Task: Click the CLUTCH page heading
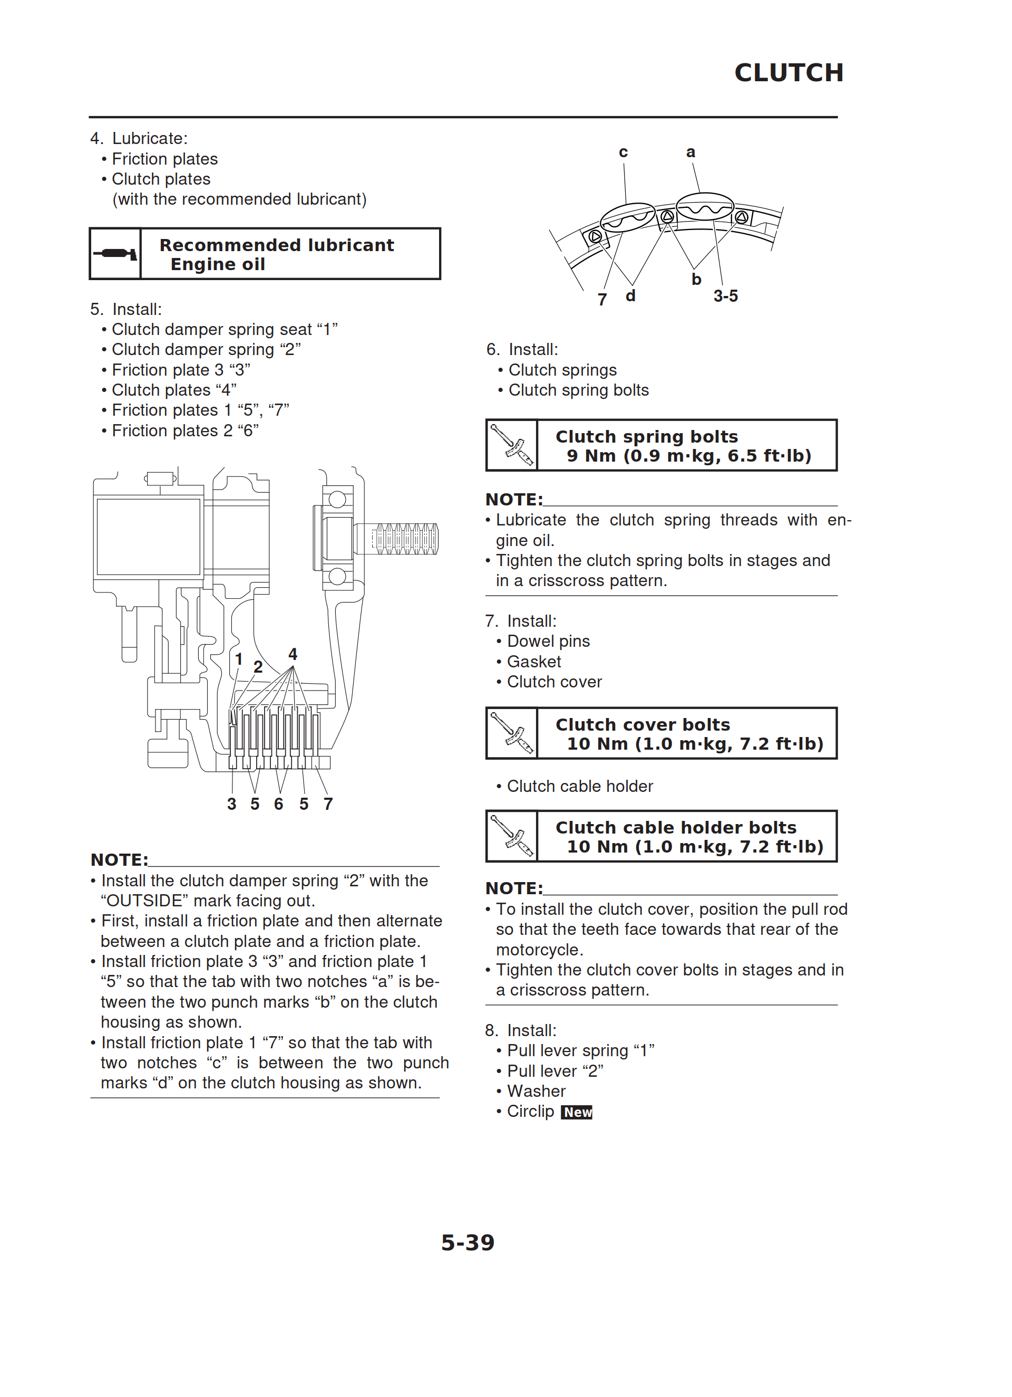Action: pyautogui.click(x=789, y=73)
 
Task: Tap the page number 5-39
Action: pyautogui.click(x=468, y=1242)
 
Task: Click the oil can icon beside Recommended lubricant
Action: pyautogui.click(x=115, y=254)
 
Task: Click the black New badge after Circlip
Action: pyautogui.click(x=577, y=1112)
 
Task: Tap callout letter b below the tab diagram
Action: pyautogui.click(x=696, y=279)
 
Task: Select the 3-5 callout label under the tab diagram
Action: pyautogui.click(x=726, y=296)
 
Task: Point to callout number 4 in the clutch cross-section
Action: pyautogui.click(x=293, y=654)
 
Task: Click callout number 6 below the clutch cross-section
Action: pyautogui.click(x=279, y=804)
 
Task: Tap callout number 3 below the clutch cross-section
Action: pyautogui.click(x=231, y=804)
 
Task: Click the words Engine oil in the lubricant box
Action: pyautogui.click(x=218, y=264)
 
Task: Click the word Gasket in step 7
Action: pyautogui.click(x=534, y=662)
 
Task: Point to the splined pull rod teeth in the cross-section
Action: pyautogui.click(x=407, y=539)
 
